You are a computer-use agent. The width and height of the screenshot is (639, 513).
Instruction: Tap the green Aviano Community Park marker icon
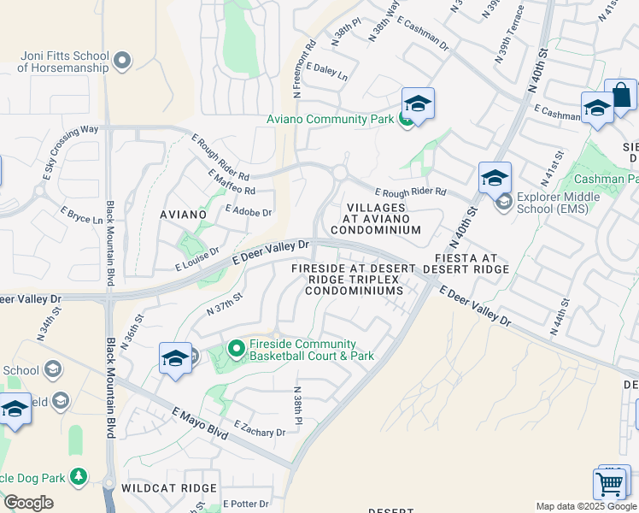pyautogui.click(x=407, y=120)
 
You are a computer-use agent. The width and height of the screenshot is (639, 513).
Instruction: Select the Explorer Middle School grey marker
pyautogui.click(x=503, y=202)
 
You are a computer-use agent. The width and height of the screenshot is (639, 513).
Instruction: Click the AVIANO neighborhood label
pyautogui.click(x=183, y=215)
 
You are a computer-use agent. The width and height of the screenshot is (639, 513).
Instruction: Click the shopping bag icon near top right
pyautogui.click(x=622, y=96)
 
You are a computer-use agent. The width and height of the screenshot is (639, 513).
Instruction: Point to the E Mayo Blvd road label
pyautogui.click(x=200, y=424)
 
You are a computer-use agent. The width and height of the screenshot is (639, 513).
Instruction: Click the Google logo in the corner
pyautogui.click(x=28, y=503)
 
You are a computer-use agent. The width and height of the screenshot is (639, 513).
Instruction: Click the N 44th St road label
pyautogui.click(x=563, y=317)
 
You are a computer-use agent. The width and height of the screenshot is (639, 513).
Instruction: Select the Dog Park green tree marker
pyautogui.click(x=79, y=475)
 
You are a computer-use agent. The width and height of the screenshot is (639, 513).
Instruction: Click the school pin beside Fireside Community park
pyautogui.click(x=175, y=358)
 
